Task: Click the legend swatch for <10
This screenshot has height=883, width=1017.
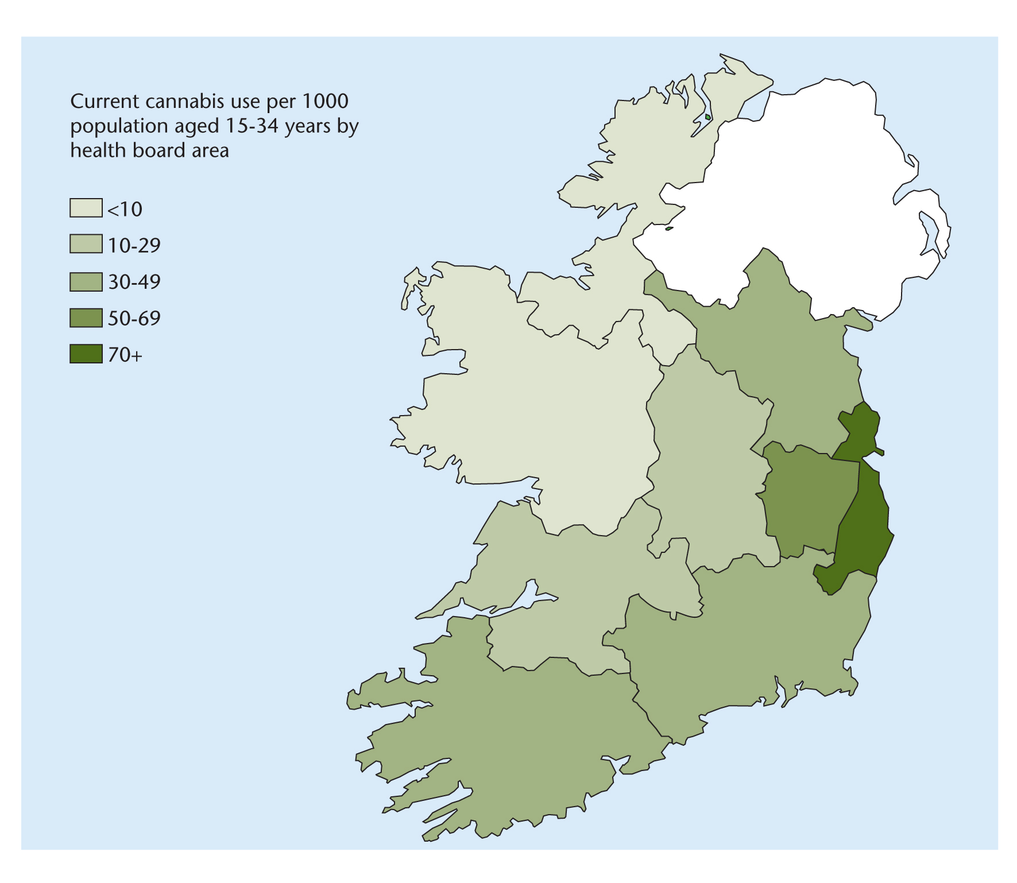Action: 86,208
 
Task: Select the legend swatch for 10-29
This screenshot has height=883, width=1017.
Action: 86,244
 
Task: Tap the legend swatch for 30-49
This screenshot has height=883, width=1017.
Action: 86,281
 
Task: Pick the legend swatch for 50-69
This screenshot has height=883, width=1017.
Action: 86,317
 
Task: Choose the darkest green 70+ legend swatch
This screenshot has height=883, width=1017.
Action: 86,354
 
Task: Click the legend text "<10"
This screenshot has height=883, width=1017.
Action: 125,210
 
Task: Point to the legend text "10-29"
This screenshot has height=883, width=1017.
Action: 134,246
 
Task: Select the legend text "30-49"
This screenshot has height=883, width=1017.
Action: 134,282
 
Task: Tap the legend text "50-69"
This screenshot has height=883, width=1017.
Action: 134,319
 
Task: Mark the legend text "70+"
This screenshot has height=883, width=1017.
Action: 125,355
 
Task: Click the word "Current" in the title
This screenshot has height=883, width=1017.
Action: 105,102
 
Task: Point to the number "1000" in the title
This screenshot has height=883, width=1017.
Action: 325,102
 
